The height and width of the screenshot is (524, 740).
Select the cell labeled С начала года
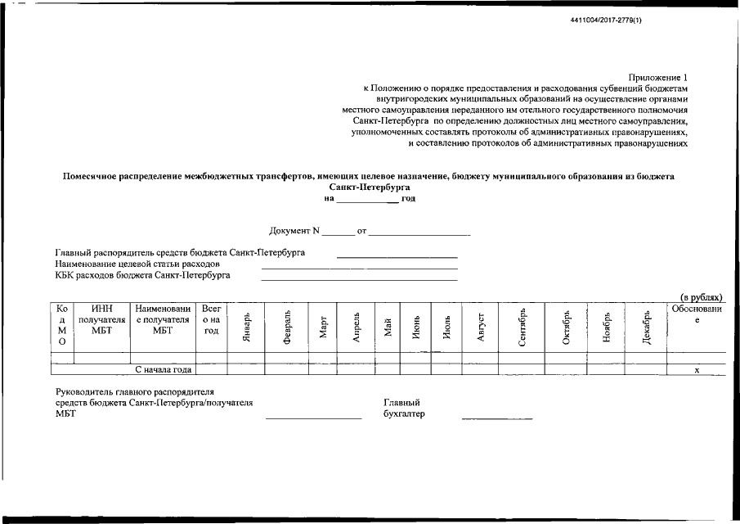click(x=164, y=369)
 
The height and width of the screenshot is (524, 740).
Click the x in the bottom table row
click(x=697, y=370)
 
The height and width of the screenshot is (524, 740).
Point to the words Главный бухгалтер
click(x=404, y=408)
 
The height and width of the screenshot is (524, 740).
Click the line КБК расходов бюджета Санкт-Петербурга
click(x=143, y=275)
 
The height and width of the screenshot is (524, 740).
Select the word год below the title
click(x=408, y=198)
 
